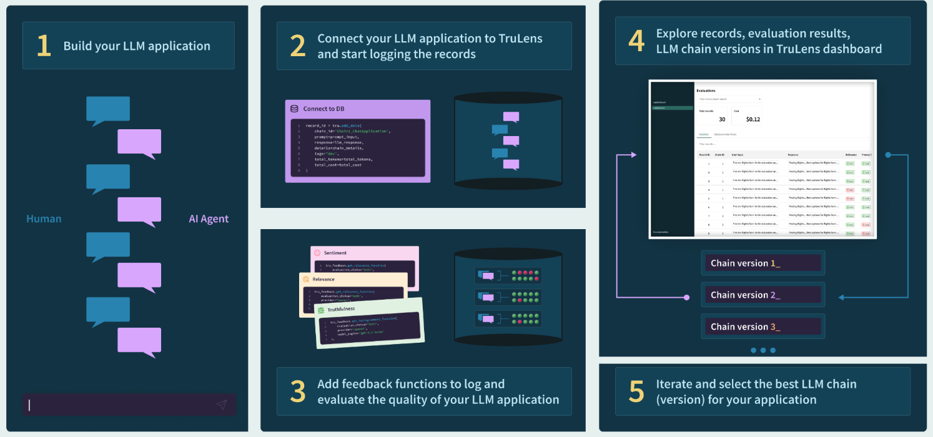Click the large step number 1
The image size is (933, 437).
43,46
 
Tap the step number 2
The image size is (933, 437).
298,46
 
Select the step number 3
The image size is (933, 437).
298,391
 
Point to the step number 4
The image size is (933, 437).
636,41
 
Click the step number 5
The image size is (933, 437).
636,391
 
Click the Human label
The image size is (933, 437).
44,219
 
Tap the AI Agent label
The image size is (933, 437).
209,219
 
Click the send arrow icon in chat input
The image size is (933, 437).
222,405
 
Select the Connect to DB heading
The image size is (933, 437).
323,109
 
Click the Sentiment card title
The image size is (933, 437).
335,253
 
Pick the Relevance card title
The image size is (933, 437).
323,279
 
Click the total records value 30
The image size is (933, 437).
722,119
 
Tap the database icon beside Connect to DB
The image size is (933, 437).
294,109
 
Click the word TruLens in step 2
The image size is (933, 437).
520,39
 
